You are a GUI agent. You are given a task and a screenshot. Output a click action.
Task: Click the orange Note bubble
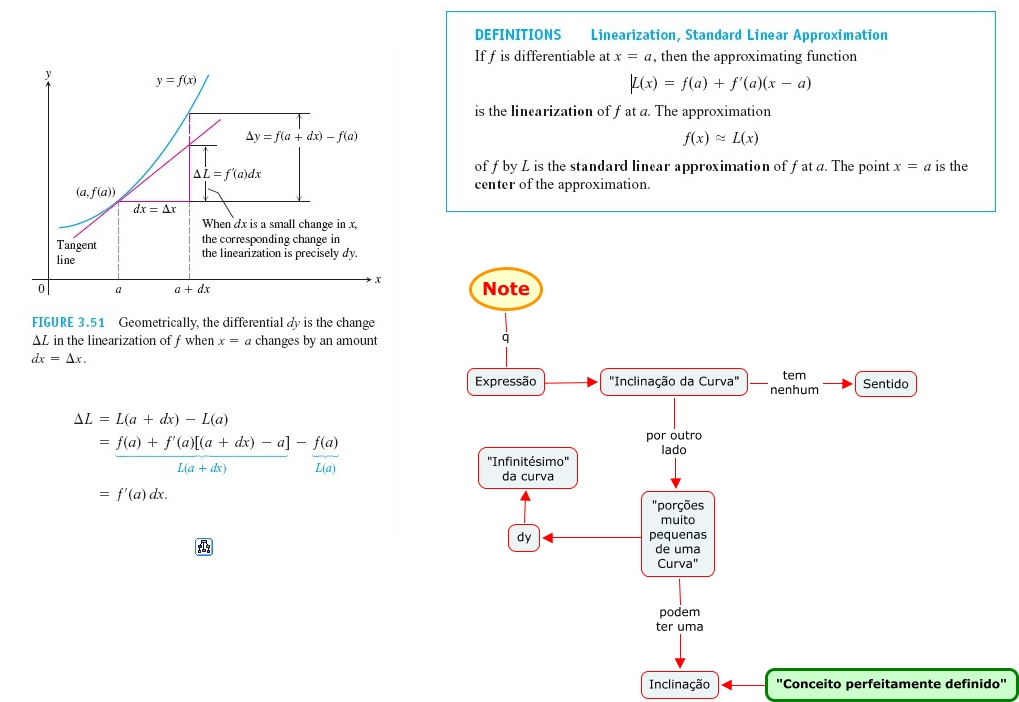tap(506, 289)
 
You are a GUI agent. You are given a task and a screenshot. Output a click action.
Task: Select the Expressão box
tap(505, 381)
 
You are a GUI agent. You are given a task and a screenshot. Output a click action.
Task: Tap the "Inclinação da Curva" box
tap(674, 381)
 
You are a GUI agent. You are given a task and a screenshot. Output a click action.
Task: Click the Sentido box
tap(885, 383)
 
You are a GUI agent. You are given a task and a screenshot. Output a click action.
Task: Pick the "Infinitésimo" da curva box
tap(528, 468)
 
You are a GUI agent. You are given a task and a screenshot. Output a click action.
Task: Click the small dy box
tap(523, 537)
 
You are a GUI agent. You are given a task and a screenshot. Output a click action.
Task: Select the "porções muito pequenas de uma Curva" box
tap(678, 534)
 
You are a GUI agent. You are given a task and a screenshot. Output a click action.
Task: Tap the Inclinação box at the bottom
tap(679, 684)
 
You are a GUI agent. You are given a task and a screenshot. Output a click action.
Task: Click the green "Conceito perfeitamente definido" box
tap(891, 684)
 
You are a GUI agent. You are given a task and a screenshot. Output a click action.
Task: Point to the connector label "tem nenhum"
tap(794, 383)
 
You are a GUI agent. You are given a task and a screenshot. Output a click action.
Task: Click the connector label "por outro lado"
tap(674, 442)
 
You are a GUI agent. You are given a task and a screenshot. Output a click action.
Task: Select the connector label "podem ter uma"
tap(679, 619)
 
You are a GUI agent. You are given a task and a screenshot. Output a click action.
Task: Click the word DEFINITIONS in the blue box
tap(518, 35)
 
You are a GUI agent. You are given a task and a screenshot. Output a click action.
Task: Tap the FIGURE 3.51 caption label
tap(68, 323)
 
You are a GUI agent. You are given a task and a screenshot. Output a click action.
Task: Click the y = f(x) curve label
tap(176, 79)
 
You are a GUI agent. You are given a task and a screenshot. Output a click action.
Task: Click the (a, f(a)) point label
tap(95, 190)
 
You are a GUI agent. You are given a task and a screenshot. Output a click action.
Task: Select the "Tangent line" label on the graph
tap(76, 252)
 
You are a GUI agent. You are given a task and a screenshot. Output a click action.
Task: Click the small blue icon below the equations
tap(204, 546)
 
